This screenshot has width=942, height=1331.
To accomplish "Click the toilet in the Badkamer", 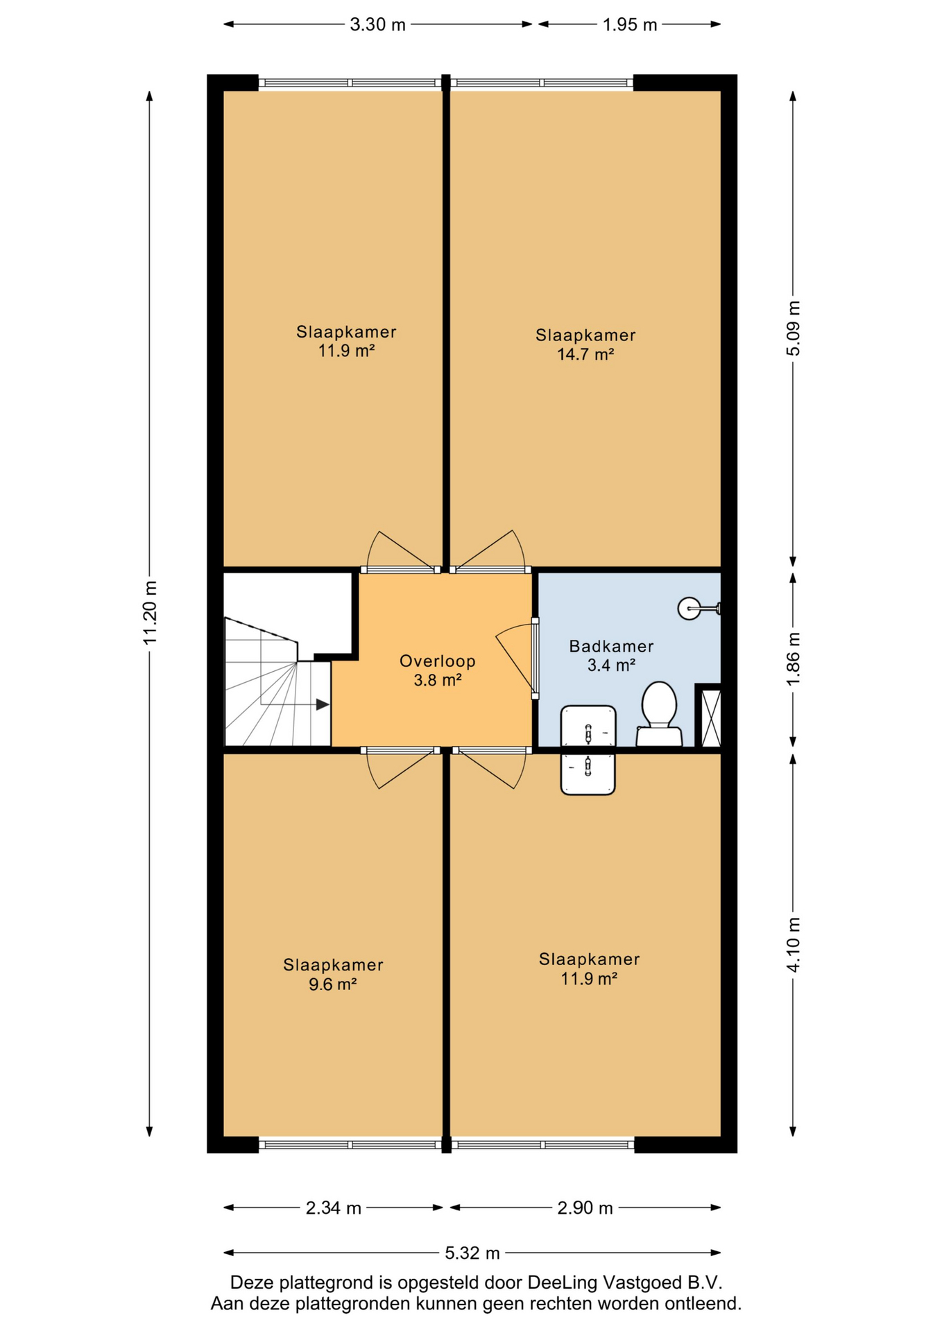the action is [x=659, y=713].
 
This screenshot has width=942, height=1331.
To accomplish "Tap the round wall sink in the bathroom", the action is [x=690, y=609].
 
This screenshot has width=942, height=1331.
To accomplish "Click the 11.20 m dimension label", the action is [x=150, y=613].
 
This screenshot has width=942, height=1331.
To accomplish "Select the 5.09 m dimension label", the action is [x=793, y=329].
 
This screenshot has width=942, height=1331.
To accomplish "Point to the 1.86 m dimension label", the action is [x=793, y=659].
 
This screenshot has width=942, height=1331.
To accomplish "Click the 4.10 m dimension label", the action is [x=793, y=944].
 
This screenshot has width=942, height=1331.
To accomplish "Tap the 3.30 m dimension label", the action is [x=377, y=25].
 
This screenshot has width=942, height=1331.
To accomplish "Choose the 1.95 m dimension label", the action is [x=629, y=25].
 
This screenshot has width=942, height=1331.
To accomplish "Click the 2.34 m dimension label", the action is [x=333, y=1208].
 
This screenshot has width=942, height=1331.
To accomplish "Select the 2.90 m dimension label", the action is [x=585, y=1208].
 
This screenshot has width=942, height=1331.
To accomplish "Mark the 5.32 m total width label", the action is [x=472, y=1253].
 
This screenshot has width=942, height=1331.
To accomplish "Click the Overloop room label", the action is [x=438, y=661].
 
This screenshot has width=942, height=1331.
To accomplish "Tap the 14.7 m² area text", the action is [x=585, y=355].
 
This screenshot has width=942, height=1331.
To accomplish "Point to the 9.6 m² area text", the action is [x=333, y=984].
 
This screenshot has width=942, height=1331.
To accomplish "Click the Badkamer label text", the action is [x=611, y=647].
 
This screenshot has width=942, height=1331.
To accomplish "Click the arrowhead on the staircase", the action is [x=323, y=705].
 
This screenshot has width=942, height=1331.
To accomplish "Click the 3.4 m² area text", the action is [x=611, y=665].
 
